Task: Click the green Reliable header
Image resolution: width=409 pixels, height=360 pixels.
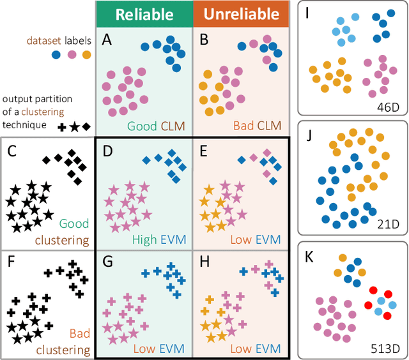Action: point(144,13)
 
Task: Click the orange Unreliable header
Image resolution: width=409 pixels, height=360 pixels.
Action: point(240,13)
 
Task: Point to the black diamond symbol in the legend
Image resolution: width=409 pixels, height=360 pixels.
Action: point(86,126)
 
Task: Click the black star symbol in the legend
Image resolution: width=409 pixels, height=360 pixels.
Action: point(73,126)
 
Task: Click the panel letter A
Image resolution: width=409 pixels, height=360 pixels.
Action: point(107,41)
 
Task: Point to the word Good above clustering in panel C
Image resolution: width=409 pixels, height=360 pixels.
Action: point(75,225)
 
